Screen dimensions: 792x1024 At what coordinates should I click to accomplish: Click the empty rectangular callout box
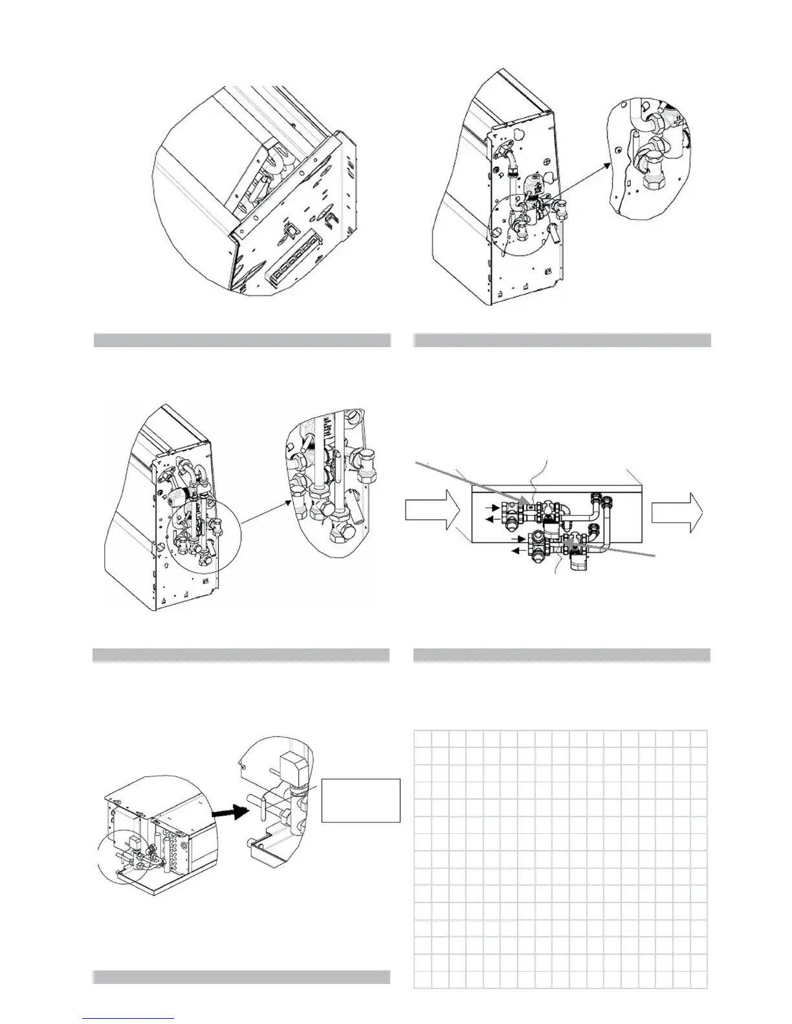click(x=360, y=800)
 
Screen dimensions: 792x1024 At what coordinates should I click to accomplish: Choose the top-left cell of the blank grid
click(x=422, y=738)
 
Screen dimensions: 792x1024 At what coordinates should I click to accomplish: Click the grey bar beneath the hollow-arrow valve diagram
click(x=562, y=655)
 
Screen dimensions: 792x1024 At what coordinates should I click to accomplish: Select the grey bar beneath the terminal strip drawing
click(x=242, y=340)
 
